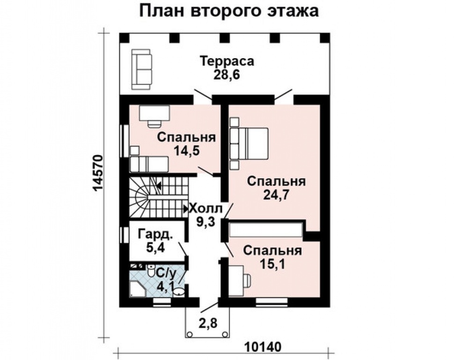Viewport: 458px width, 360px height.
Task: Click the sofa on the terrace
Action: [141, 69]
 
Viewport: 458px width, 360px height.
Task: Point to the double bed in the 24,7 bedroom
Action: [249, 143]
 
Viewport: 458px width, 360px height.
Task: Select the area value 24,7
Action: [276, 195]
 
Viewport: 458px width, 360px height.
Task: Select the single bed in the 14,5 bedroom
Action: [149, 164]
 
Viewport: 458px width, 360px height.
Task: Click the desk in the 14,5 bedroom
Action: [155, 113]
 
